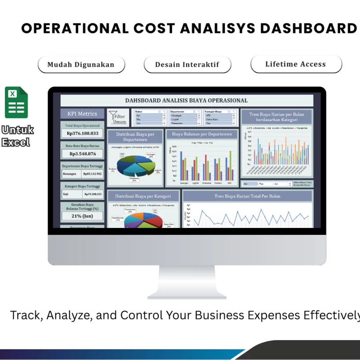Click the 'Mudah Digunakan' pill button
81,65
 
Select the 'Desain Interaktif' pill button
187,65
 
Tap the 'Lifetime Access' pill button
296,64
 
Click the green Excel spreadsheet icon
16,103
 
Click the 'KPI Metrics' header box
82,114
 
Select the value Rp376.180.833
82,133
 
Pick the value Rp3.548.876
82,154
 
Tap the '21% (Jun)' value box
82,216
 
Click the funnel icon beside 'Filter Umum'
113,116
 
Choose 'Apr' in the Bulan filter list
150,115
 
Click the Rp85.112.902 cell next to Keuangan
92,174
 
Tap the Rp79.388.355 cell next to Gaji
92,194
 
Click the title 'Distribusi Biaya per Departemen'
135,136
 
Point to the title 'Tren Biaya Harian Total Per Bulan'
247,196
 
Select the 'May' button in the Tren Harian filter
265,184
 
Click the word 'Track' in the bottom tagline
25,315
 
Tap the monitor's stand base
187,294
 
